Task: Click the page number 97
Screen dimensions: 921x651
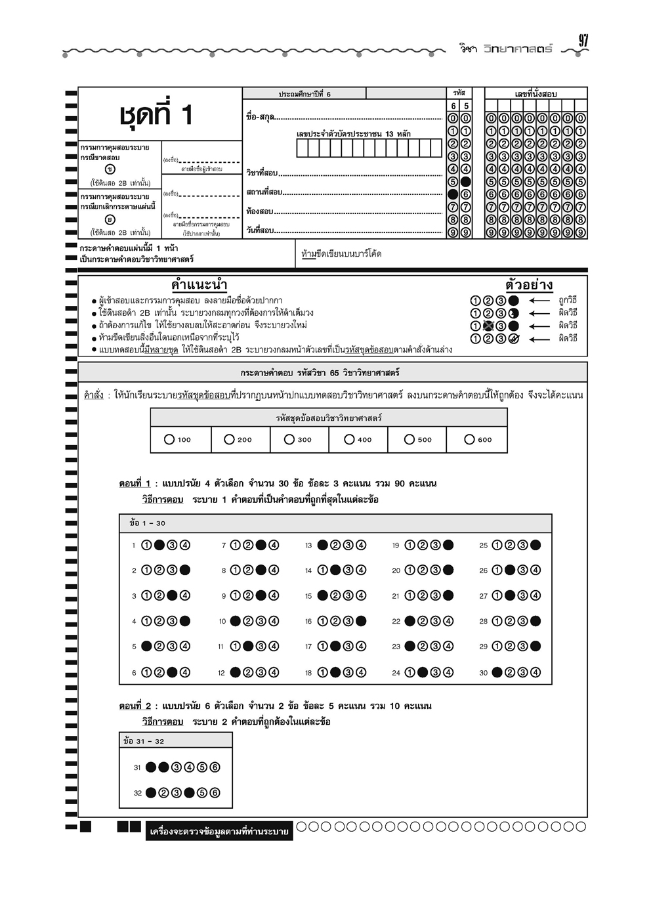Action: (583, 41)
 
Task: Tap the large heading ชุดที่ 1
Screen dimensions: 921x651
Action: (156, 115)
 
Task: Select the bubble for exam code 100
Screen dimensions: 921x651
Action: (169, 440)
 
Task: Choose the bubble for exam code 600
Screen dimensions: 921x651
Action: (469, 440)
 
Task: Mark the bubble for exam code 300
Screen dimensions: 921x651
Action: (289, 440)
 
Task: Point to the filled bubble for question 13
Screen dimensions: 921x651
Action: (322, 545)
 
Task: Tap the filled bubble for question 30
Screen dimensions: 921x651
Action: (497, 672)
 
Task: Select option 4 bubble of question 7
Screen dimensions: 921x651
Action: (274, 545)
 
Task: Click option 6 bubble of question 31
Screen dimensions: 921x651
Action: (215, 767)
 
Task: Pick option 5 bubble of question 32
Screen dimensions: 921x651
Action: (202, 792)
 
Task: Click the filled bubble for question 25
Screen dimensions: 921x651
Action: (535, 545)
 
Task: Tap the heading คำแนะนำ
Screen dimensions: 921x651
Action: (199, 285)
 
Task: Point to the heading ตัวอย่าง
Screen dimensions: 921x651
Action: (529, 285)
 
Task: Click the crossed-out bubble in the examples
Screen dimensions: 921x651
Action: (488, 326)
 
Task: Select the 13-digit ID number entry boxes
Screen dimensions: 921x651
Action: (369, 148)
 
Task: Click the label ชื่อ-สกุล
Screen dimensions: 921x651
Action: (261, 118)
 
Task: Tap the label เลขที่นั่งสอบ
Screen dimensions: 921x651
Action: (535, 94)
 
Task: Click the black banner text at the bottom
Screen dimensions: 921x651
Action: (219, 832)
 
